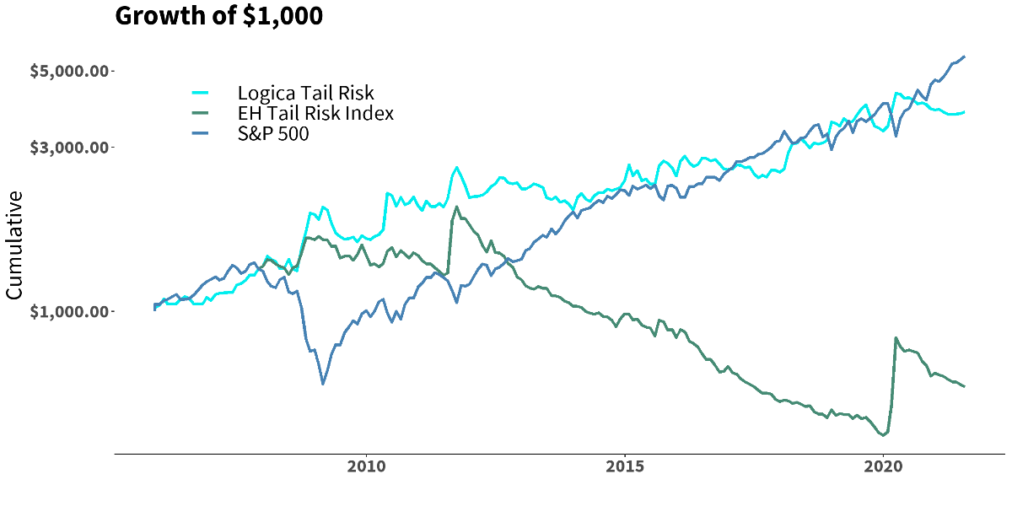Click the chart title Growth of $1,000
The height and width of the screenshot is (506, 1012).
pos(218,16)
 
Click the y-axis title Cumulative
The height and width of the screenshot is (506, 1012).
pos(14,245)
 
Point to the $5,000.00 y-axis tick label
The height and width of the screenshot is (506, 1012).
pos(69,71)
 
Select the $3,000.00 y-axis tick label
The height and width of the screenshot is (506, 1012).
pos(69,148)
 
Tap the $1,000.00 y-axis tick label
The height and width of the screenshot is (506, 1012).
pos(69,312)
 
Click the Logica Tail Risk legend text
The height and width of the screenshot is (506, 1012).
pos(305,93)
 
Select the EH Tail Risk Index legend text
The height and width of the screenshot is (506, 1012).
pos(315,113)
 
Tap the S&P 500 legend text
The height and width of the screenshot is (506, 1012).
pos(273,133)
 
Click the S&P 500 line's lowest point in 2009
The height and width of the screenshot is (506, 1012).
pos(323,384)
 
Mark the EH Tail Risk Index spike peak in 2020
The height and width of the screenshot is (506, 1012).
pos(895,338)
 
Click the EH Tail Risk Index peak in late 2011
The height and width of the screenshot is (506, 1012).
pos(456,207)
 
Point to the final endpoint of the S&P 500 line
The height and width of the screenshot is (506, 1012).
pos(964,57)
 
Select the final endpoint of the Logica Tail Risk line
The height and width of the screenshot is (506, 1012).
pos(964,112)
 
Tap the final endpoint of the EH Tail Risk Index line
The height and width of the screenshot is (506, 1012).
pos(964,386)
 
